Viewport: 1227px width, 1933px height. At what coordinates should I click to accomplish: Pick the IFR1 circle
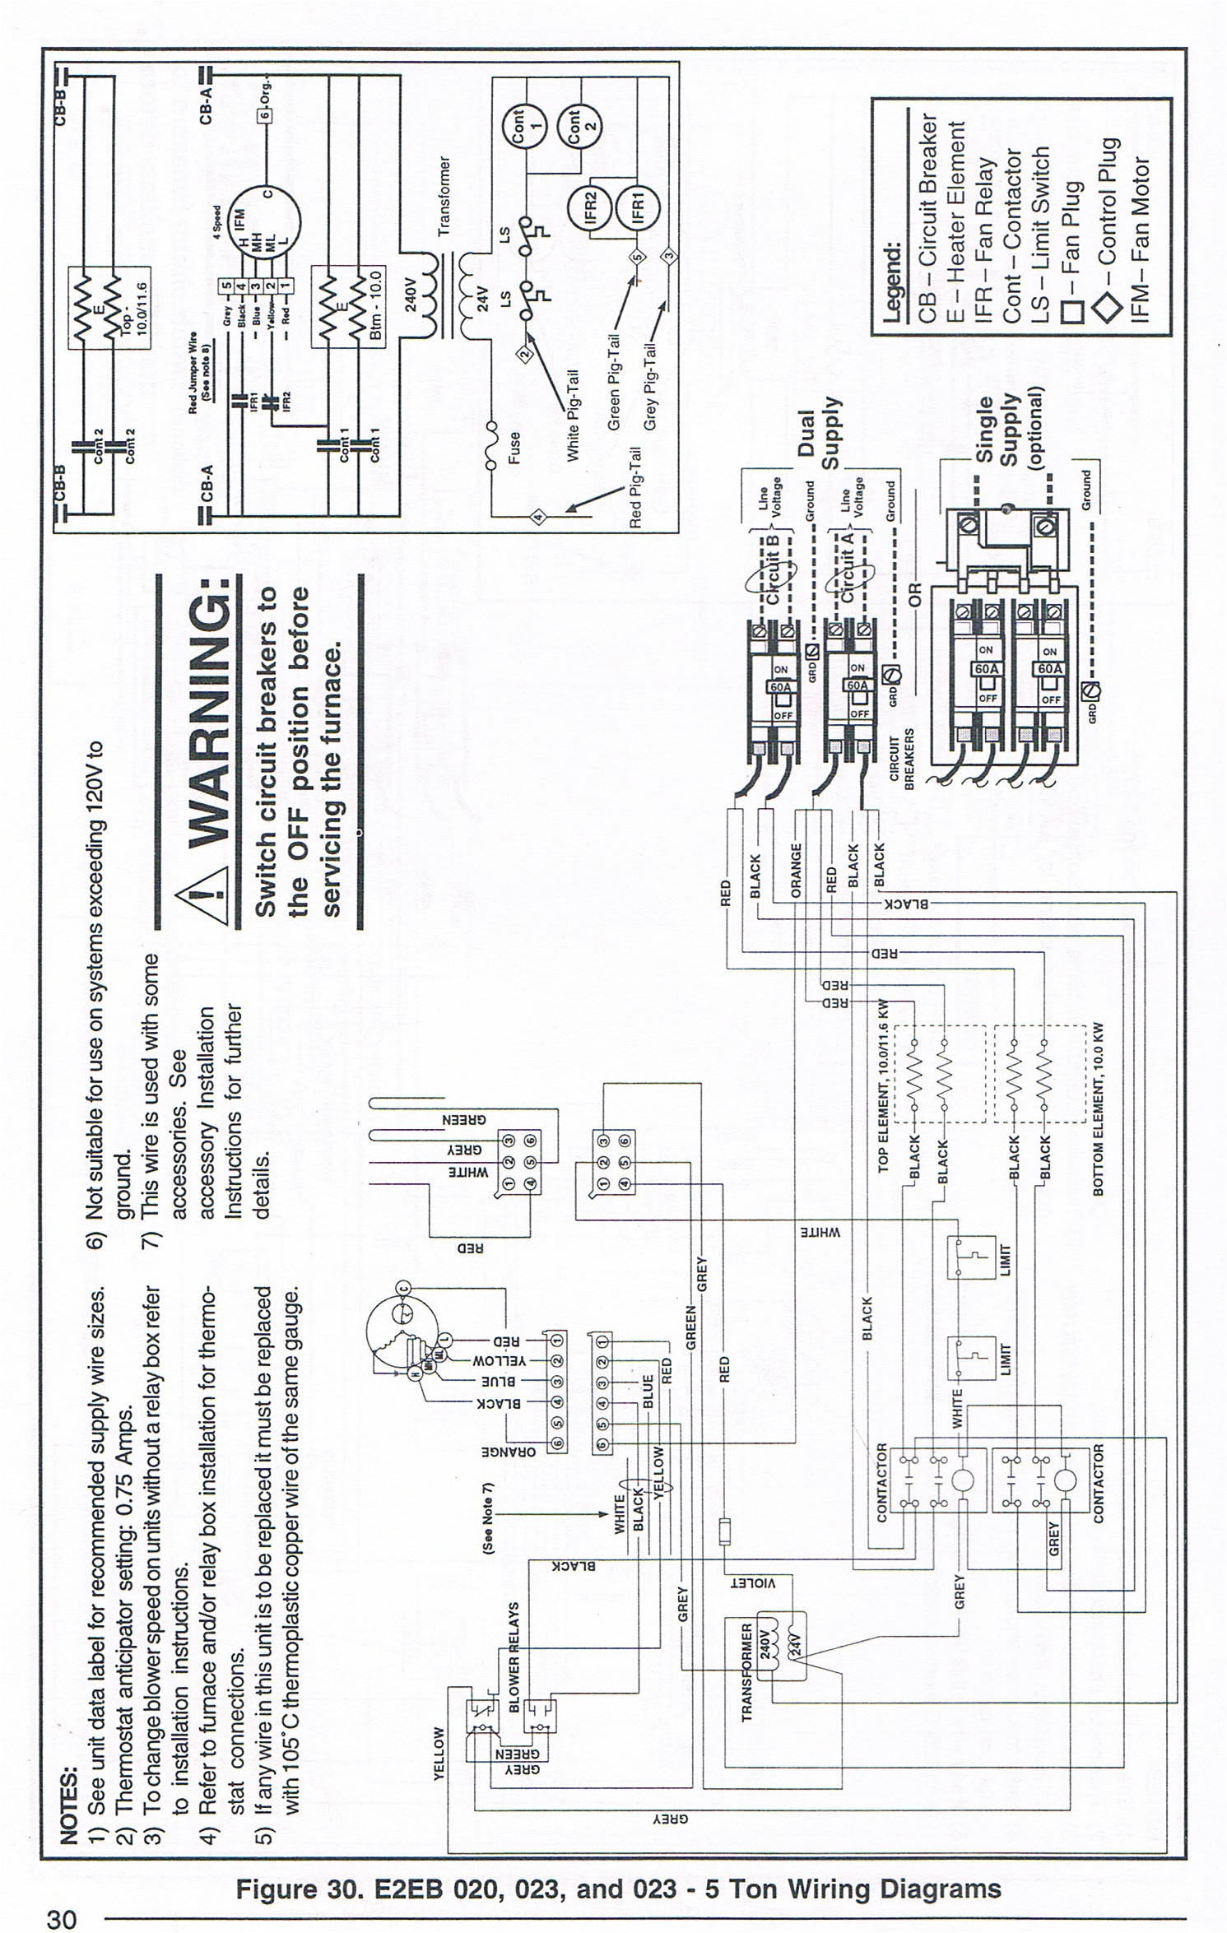click(x=639, y=206)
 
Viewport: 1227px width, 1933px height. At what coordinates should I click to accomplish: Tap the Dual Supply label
click(x=818, y=434)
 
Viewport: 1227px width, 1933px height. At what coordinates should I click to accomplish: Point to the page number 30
click(x=61, y=1919)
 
